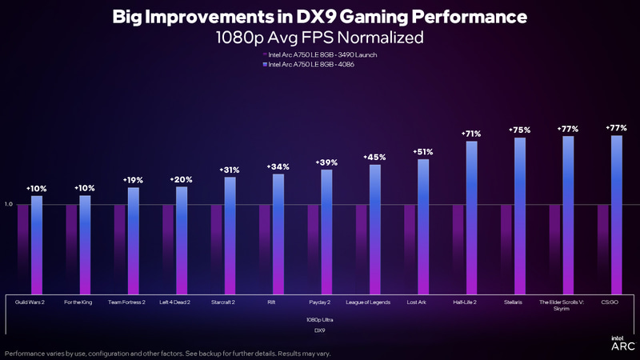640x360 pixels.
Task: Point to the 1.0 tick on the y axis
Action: (x=9, y=204)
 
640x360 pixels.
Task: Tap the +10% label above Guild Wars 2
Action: (x=37, y=189)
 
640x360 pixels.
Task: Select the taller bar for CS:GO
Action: (x=616, y=214)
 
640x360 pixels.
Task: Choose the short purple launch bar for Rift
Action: (x=265, y=249)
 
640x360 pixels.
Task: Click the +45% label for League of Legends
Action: (x=374, y=158)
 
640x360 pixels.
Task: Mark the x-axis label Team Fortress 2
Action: (x=126, y=302)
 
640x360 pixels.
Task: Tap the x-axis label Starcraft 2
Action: (x=223, y=302)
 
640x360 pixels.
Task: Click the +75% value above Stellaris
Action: (x=520, y=130)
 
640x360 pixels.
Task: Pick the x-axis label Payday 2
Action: (x=319, y=302)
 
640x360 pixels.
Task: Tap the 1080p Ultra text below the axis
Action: (x=319, y=319)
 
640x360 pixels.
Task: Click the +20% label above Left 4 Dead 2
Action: (x=182, y=180)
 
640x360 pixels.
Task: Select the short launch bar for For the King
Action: (x=72, y=249)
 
